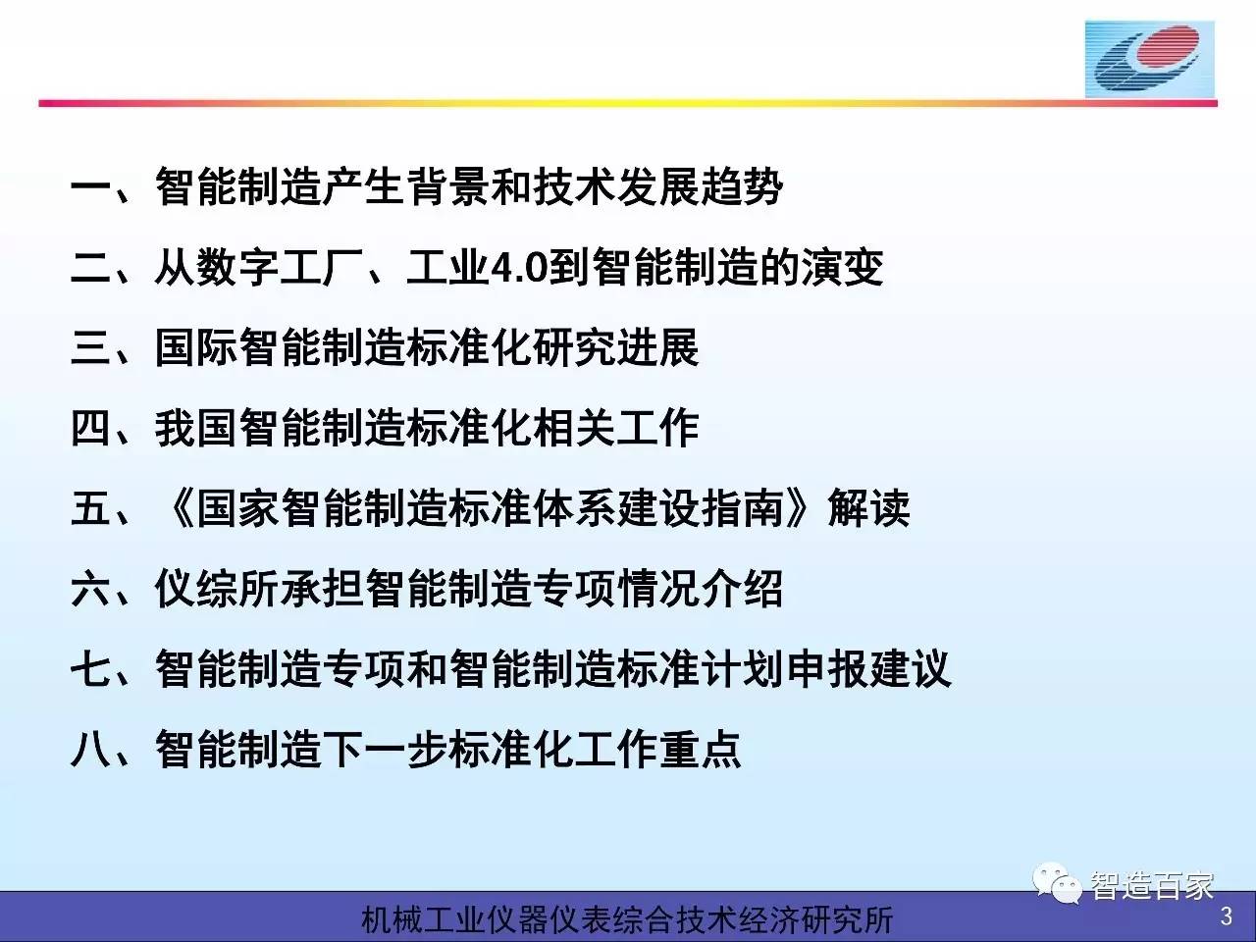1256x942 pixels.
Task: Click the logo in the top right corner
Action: [1149, 60]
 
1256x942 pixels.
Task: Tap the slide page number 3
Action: [1226, 916]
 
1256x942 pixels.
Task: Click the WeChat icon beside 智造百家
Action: [1056, 884]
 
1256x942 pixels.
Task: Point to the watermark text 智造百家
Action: [1151, 885]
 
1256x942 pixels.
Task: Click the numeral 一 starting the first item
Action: [90, 187]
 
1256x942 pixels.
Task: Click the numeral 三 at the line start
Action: [90, 347]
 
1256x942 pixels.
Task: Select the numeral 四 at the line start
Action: [90, 429]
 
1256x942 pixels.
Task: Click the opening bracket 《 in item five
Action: [178, 508]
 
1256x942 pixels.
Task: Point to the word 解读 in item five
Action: [868, 508]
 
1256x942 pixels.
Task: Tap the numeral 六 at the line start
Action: [90, 589]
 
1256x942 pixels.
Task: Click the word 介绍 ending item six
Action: [741, 589]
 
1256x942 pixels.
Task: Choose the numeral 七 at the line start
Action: [90, 669]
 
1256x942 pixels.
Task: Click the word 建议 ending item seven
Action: [910, 669]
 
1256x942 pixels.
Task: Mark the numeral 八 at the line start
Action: [90, 750]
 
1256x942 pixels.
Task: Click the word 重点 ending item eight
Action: [700, 750]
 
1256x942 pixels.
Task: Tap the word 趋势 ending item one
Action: [742, 187]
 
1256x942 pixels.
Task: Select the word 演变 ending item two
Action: [842, 268]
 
